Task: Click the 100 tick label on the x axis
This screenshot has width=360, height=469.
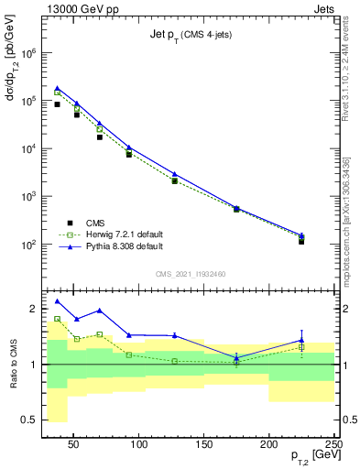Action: click(139, 444)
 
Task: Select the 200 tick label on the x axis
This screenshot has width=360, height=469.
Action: click(269, 444)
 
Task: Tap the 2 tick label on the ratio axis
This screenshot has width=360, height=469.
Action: click(32, 309)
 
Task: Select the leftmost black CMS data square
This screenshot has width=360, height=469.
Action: click(57, 104)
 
